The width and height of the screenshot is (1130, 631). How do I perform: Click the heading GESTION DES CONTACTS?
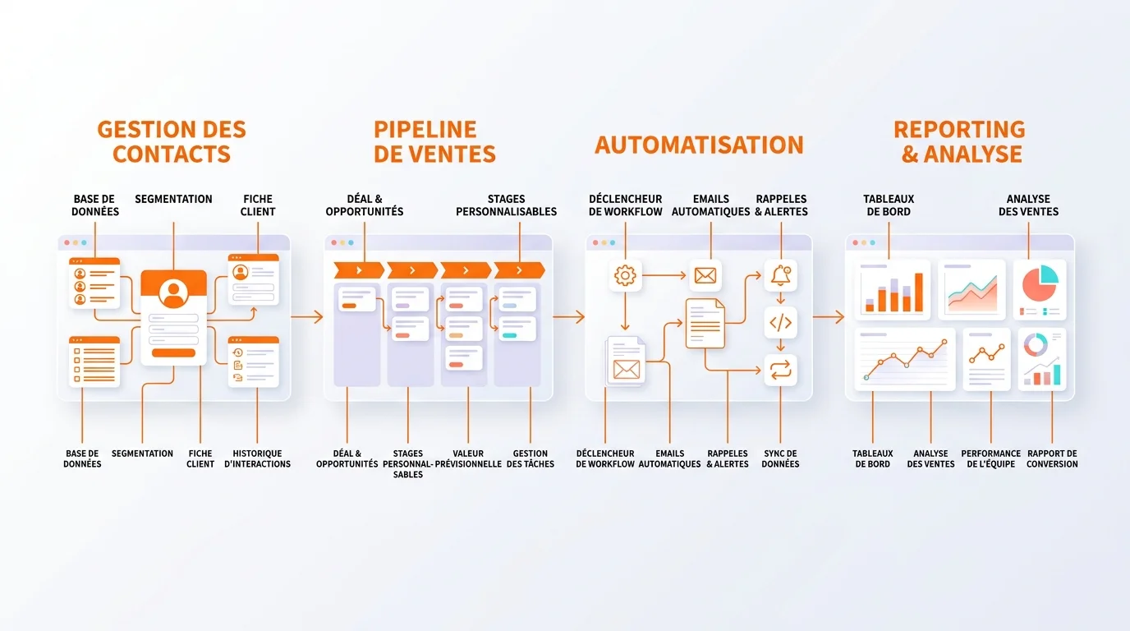172,142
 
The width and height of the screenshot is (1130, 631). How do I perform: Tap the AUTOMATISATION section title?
699,145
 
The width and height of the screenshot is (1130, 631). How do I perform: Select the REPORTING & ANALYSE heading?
959,142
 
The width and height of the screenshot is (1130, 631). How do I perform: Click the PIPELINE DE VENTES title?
434,142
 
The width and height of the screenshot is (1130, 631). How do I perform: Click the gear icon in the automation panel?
625,275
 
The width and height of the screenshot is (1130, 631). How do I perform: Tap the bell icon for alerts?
780,275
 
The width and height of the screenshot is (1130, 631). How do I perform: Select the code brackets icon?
780,323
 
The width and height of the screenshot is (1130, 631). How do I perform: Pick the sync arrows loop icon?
780,371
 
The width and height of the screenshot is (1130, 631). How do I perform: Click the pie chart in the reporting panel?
1039,284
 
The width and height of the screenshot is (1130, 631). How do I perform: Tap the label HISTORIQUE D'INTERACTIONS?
257,458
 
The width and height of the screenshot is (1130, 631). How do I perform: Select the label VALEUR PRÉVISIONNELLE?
468,458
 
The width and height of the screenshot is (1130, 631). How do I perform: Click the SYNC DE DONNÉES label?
780,458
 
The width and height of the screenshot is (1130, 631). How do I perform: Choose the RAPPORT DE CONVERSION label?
1052,458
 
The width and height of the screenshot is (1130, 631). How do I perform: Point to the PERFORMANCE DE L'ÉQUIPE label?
990,458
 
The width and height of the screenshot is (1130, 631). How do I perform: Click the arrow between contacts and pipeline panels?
307,317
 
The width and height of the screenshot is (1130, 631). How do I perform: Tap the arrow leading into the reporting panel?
829,317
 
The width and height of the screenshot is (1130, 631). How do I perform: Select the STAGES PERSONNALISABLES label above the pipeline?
506,205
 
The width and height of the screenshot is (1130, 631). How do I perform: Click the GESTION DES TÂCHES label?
531,458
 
